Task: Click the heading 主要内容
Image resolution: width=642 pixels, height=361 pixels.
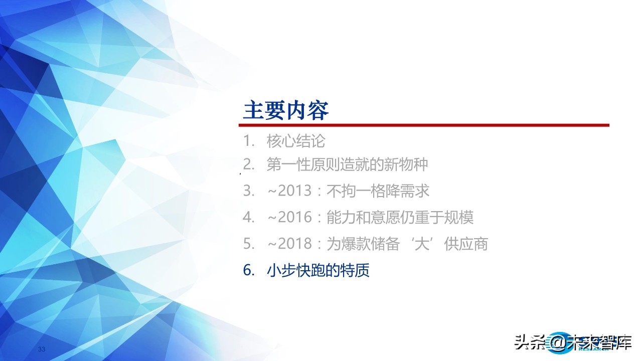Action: click(286, 110)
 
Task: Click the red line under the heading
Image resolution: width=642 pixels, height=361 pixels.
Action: click(426, 125)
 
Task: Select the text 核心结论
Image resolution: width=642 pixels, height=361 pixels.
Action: click(296, 141)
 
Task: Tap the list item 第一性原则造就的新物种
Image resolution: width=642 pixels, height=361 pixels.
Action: click(347, 164)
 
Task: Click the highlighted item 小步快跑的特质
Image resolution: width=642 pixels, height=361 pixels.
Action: click(318, 271)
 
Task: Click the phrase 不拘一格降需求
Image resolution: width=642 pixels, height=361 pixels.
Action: click(378, 191)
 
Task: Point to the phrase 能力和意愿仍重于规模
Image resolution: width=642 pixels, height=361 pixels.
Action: click(400, 218)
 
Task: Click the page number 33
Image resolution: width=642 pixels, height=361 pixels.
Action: click(42, 349)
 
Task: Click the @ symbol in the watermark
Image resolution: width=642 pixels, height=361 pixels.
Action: click(556, 342)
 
